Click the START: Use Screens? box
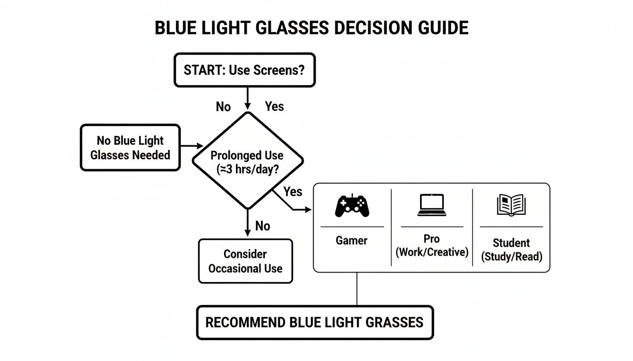244,70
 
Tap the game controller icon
352,206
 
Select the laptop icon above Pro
431,205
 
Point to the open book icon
511,205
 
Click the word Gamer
351,241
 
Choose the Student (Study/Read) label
511,250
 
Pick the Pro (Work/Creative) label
432,245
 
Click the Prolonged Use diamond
246,160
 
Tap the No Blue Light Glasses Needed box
130,148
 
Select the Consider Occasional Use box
245,261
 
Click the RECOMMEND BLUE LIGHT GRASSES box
315,322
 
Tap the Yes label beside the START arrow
274,106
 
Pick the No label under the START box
223,107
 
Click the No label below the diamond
262,226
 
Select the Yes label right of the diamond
293,191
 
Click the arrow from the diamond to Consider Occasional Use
246,223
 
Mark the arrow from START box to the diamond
246,99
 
